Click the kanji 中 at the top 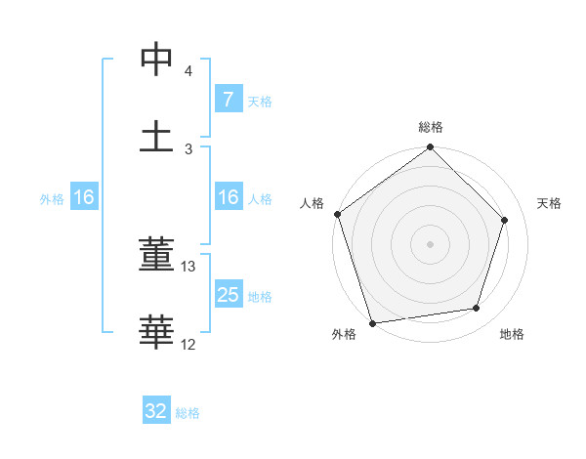click(x=156, y=61)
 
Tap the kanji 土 click(x=156, y=136)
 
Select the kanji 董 click(x=156, y=255)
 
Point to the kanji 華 click(x=156, y=331)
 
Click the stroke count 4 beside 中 click(x=188, y=72)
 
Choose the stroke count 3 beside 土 click(x=188, y=148)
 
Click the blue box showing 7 click(x=228, y=100)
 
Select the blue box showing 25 click(x=228, y=295)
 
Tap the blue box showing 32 click(x=156, y=411)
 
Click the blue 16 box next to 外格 click(x=83, y=198)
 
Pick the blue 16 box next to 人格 click(x=228, y=198)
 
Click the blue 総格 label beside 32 click(x=188, y=413)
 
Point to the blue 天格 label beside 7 click(x=260, y=101)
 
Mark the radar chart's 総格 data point click(x=430, y=148)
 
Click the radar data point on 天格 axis click(x=505, y=220)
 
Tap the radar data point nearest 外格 click(x=372, y=322)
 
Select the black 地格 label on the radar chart click(x=512, y=334)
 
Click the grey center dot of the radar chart click(x=430, y=243)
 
